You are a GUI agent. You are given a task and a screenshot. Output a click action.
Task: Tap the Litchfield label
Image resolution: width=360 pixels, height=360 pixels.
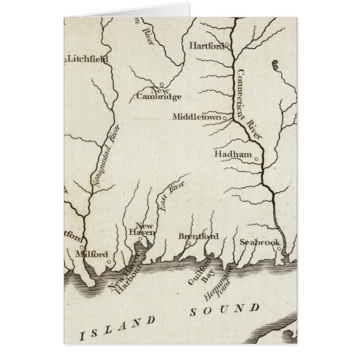point(88,58)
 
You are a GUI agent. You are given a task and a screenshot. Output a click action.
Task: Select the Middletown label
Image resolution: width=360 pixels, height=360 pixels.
point(197,118)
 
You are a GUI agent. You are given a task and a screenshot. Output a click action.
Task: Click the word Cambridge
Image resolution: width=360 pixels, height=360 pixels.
point(159,97)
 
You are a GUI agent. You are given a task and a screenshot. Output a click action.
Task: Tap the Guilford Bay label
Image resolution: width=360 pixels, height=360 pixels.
point(199,272)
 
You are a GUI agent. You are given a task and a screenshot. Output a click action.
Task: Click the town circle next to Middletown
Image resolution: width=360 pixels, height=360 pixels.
point(225,118)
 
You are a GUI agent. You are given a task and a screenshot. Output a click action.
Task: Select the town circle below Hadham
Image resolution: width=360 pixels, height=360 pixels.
point(257,160)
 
